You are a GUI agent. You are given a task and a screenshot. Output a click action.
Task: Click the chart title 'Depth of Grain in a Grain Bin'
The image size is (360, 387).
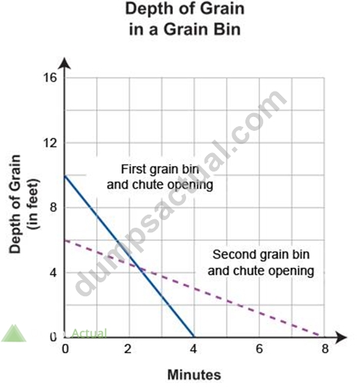point(185,19)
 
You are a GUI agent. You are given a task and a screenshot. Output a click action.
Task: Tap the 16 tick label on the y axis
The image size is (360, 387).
point(50,78)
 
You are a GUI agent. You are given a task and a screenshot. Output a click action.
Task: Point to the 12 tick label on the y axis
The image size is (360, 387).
point(50,142)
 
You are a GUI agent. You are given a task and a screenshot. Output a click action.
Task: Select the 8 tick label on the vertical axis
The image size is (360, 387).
point(53,208)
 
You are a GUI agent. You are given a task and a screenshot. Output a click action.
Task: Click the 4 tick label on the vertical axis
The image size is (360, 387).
point(53,272)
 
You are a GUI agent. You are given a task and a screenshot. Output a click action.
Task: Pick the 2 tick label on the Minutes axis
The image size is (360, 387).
point(128,349)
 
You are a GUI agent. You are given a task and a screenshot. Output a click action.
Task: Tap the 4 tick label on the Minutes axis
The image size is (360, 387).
point(193,349)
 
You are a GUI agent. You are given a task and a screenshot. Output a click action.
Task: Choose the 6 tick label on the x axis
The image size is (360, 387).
point(259,349)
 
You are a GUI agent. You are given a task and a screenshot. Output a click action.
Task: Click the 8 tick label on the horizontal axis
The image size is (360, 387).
point(325,349)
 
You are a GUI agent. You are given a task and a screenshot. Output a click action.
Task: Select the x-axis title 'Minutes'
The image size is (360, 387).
point(194,375)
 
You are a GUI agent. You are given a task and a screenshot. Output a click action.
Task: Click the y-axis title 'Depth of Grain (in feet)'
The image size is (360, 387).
point(25,204)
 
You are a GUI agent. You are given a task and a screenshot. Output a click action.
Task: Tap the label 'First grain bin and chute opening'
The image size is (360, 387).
point(160,177)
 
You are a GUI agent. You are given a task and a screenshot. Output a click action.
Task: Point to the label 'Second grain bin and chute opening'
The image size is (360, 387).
point(261,263)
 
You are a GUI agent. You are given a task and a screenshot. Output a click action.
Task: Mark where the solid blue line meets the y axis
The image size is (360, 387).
point(65,176)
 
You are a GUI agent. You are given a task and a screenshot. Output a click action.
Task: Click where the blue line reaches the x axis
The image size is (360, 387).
point(194,336)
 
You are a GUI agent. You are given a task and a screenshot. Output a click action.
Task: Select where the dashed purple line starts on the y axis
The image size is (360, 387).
point(65,240)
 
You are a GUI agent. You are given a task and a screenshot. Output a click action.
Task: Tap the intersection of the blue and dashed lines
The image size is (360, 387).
point(140,269)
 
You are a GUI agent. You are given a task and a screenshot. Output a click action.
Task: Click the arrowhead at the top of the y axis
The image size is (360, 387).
point(65,63)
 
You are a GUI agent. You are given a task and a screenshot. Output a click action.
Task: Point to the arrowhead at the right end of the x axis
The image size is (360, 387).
point(341,337)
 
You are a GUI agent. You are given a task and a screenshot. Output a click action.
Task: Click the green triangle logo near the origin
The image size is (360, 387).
point(14,333)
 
